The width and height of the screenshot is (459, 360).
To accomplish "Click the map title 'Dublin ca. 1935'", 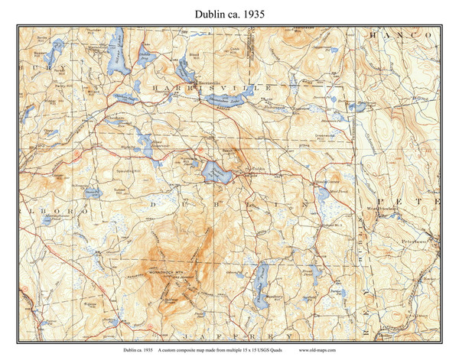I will [229, 13].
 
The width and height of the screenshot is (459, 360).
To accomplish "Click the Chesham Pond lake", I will [124, 99].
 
